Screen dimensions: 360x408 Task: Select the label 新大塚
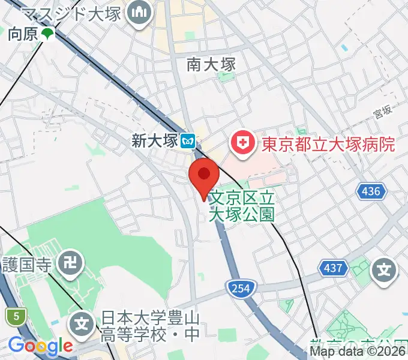pos(155,142)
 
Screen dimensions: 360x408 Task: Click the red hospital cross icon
pos(243,144)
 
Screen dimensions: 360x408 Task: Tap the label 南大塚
pos(211,64)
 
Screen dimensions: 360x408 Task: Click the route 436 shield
pos(371,191)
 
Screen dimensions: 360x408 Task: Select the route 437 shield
pos(334,267)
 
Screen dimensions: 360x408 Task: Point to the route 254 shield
pos(239,289)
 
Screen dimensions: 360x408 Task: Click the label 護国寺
pos(29,263)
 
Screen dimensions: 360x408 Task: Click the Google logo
pos(40,346)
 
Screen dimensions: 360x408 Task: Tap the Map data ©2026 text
pos(358,351)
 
